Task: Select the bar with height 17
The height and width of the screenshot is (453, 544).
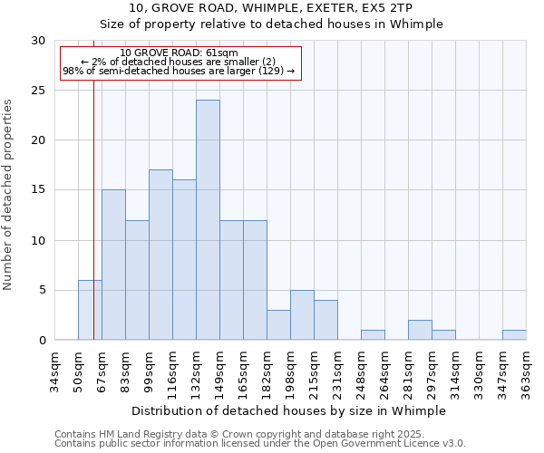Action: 160,255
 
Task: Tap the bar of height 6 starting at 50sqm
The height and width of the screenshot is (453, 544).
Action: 90,310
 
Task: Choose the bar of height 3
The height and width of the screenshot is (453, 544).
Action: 278,325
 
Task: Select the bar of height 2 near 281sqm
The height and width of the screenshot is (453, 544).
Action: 420,330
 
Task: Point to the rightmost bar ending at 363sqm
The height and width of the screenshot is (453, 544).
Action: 514,335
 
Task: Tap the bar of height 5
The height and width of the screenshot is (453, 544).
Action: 302,315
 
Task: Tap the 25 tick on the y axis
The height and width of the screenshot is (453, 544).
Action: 38,91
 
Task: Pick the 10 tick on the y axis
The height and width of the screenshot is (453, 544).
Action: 38,240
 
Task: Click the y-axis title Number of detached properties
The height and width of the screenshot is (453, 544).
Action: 9,195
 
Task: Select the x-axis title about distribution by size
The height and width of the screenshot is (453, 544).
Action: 289,410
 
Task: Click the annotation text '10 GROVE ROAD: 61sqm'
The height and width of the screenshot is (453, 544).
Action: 179,53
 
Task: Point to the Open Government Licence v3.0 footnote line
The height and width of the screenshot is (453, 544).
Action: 260,444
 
